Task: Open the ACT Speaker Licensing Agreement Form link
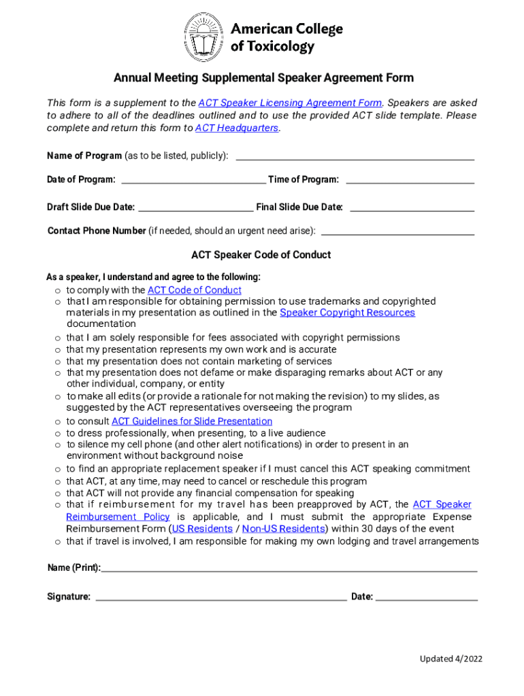pos(290,103)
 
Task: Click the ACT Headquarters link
pos(237,128)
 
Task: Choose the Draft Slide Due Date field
pos(195,207)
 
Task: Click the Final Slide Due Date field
pos(411,207)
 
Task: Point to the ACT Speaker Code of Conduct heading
pos(261,255)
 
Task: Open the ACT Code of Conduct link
pos(195,290)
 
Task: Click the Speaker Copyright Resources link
pos(347,313)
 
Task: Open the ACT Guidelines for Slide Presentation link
pos(192,421)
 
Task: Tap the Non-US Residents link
pos(284,529)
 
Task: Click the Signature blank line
pos(221,597)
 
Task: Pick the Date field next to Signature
pos(427,597)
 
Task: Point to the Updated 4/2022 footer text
pos(451,659)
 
